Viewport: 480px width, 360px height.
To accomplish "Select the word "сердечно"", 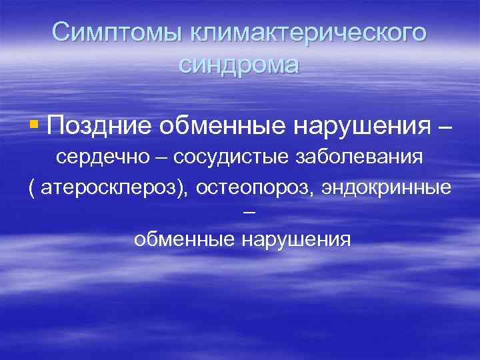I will click(101, 159).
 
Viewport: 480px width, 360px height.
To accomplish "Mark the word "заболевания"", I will click(353, 159).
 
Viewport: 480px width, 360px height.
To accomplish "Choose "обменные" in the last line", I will click(181, 239).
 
